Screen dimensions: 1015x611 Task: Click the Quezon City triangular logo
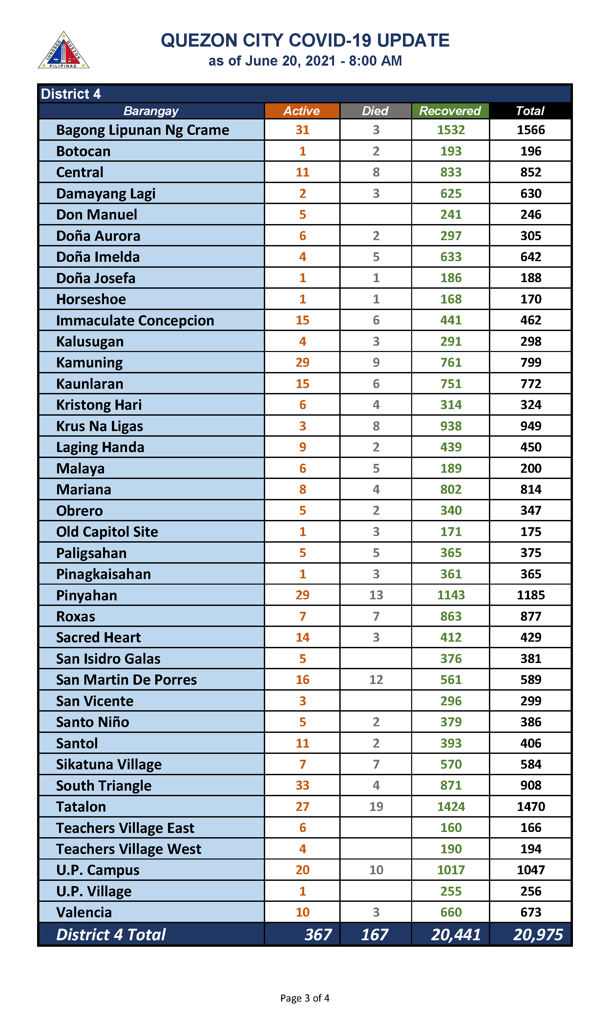[x=63, y=51]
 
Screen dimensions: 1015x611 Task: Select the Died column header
[x=375, y=111]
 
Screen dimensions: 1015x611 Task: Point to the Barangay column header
[x=151, y=111]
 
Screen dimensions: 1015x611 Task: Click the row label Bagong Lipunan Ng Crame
[x=142, y=130]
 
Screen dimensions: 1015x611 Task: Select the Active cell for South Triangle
[x=302, y=785]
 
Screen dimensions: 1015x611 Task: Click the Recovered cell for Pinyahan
[x=451, y=595]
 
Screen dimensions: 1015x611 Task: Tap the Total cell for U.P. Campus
[x=530, y=870]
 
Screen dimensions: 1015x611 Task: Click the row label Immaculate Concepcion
[x=135, y=320]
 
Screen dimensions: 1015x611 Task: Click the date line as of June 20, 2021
[x=305, y=61]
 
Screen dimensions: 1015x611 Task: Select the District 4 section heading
[x=71, y=94]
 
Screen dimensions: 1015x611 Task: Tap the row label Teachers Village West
[x=128, y=849]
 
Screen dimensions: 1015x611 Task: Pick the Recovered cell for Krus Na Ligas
[x=451, y=426]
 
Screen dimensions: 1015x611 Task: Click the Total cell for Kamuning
[x=530, y=362]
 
